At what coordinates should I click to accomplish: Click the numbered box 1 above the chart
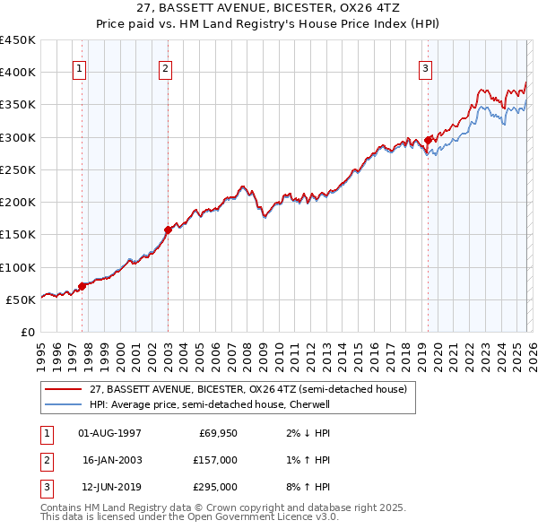point(79,69)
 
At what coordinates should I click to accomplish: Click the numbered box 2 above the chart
point(166,69)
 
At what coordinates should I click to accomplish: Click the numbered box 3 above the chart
point(425,69)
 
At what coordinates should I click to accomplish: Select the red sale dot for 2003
point(168,230)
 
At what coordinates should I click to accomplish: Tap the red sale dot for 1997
point(82,286)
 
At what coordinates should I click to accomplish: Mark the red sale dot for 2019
point(428,140)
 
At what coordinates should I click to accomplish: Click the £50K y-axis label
point(21,299)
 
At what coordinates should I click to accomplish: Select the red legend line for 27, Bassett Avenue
point(64,390)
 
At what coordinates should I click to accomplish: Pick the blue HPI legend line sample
point(64,404)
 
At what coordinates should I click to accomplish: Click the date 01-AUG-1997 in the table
point(109,433)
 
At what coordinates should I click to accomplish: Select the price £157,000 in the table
point(215,460)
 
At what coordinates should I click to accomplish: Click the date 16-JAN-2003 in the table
point(109,460)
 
